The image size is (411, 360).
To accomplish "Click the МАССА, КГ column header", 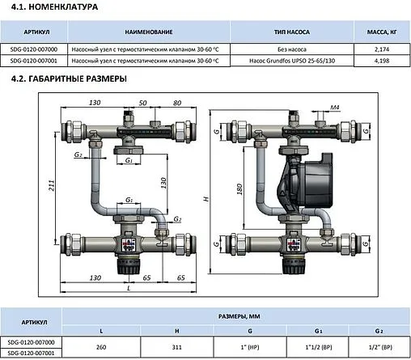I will [381, 32].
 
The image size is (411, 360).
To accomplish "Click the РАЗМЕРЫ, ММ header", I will [237, 318].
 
